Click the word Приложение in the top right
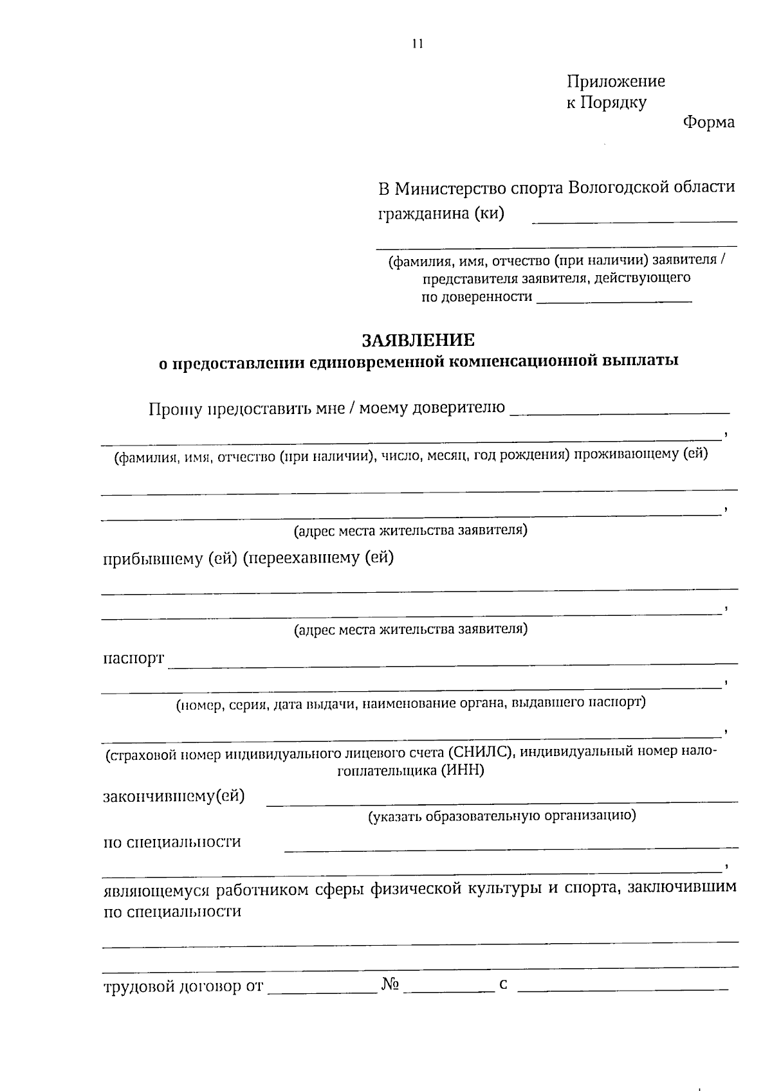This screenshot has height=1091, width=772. pos(616,82)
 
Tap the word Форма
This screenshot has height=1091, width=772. pos(708,122)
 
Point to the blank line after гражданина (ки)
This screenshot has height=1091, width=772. pos(634,220)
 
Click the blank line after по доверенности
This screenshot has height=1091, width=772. pos(614,300)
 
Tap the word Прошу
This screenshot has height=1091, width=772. pos(174,409)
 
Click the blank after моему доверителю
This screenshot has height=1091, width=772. pos(619,411)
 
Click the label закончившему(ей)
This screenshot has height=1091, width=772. pos(174,797)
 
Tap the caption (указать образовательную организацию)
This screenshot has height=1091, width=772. pos(502,816)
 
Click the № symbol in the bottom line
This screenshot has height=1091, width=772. pos(391,984)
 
